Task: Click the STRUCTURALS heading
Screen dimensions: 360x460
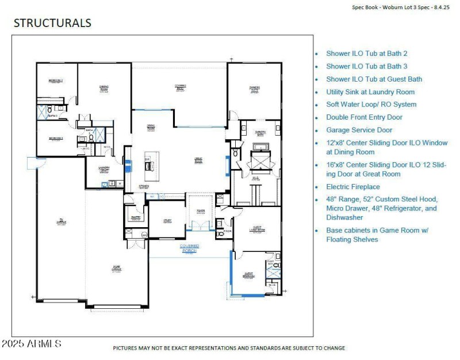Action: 52,24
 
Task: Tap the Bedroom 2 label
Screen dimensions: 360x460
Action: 56,81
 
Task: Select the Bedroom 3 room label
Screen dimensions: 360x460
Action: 56,139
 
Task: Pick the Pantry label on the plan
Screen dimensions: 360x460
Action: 136,217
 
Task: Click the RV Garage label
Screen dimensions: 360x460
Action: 60,220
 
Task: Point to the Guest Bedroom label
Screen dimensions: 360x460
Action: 248,275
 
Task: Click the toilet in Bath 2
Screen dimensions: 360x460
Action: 50,109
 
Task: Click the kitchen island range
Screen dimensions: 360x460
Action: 151,166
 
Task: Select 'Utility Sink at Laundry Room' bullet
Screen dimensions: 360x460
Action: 370,92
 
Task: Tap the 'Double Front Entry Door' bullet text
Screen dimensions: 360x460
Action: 364,117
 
